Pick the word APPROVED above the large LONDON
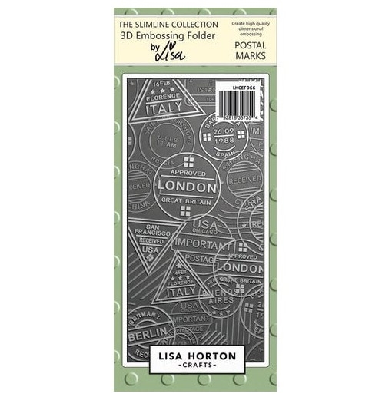(187, 174)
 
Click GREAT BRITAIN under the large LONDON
(187, 201)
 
